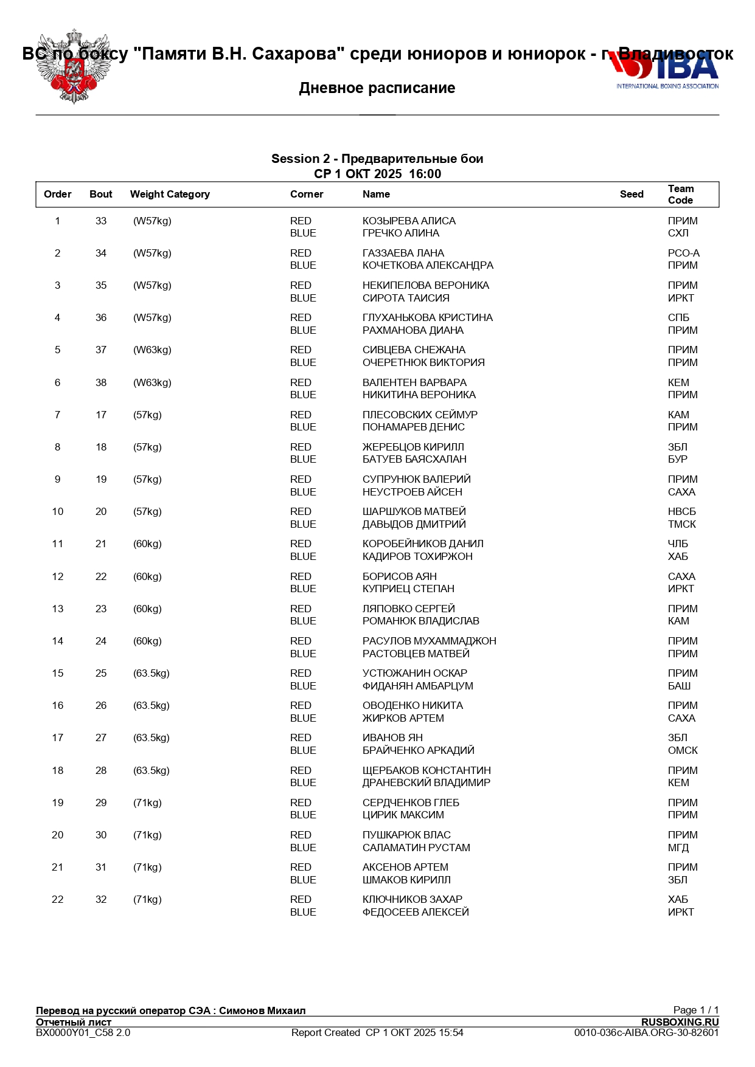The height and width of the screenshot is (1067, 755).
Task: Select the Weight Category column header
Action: [x=170, y=195]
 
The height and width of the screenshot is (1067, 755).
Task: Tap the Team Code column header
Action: [x=680, y=195]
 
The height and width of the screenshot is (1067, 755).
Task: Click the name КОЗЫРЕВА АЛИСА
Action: [x=409, y=221]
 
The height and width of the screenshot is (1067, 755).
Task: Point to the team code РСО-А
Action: [x=683, y=254]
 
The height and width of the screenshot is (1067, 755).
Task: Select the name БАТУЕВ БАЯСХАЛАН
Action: [x=414, y=460]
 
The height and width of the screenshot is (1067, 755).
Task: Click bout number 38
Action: [x=101, y=383]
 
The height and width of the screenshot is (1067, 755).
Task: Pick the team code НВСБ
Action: [x=681, y=512]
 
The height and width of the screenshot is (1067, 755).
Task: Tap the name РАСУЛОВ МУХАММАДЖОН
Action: [x=429, y=641]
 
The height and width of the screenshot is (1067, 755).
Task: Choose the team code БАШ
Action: [x=679, y=686]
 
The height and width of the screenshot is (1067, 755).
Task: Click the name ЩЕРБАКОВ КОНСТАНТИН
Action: [x=426, y=771]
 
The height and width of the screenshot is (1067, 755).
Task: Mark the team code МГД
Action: [x=678, y=848]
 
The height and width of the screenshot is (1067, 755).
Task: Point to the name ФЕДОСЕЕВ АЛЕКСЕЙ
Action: [x=416, y=913]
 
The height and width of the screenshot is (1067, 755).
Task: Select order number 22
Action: [x=58, y=900]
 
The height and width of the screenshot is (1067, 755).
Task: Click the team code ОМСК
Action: [x=683, y=751]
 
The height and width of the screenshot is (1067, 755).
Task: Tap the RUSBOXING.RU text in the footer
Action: [x=680, y=1023]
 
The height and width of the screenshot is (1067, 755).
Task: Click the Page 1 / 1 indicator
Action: [x=695, y=1010]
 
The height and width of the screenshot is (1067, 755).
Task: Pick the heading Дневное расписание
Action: [x=377, y=88]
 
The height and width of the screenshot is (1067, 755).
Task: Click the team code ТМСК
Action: [x=681, y=525]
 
